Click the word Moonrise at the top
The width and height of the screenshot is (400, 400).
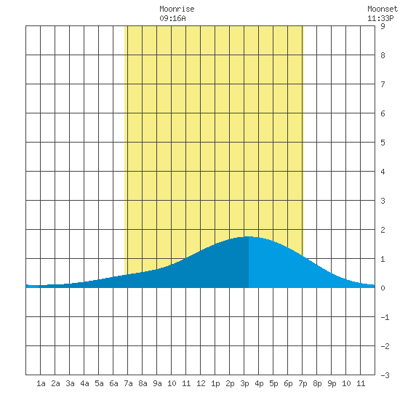[177, 9]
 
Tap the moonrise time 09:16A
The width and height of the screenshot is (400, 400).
[172, 18]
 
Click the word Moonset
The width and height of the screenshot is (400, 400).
[383, 9]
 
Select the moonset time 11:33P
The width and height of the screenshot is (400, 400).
[380, 18]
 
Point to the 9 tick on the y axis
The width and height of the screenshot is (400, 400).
[383, 26]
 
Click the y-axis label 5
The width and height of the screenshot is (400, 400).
[383, 143]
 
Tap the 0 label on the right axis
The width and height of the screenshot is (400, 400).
[383, 288]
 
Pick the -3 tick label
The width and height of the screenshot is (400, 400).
[385, 375]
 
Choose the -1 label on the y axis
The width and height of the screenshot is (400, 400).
[385, 317]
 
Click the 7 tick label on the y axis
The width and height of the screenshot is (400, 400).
[383, 84]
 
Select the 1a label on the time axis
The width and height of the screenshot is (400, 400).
[41, 383]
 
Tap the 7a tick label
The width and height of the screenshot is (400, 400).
[128, 383]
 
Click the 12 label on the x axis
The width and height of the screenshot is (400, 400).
[201, 383]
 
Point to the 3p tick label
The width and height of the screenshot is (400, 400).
[244, 383]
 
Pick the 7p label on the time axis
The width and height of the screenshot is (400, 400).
[303, 383]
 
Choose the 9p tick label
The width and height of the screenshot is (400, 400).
[332, 383]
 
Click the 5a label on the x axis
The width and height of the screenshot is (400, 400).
[99, 383]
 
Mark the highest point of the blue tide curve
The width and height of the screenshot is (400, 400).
[249, 237]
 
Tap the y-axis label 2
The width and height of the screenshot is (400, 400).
[383, 230]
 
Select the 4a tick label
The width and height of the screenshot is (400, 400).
[84, 383]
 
